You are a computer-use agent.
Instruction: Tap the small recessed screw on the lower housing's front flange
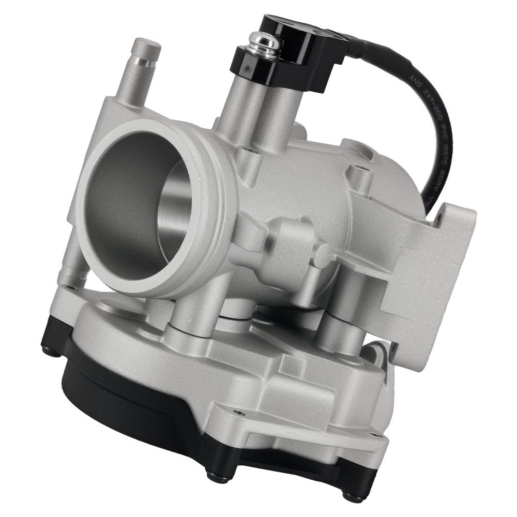pyautogui.click(x=238, y=413)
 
